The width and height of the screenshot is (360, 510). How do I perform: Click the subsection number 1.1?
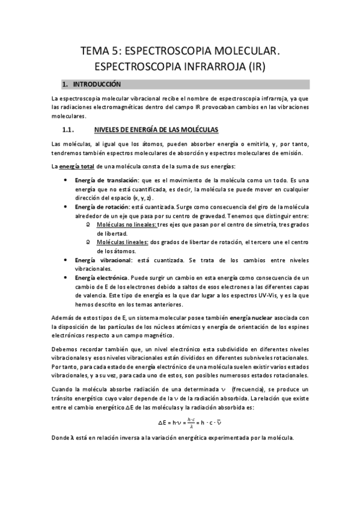coord(67,129)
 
